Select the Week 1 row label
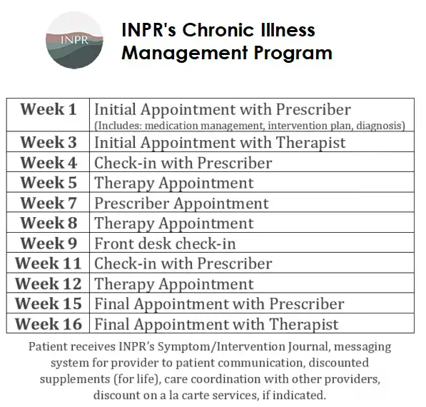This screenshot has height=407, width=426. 49,110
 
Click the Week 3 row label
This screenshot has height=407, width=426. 49,142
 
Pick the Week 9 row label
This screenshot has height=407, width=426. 49,244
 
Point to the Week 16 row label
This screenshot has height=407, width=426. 49,324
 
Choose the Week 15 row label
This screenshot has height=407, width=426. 49,304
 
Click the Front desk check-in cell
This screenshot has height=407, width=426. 165,244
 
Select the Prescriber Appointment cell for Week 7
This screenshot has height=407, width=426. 181,203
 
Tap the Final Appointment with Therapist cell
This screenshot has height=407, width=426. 216,324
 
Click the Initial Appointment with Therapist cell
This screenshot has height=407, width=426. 220,142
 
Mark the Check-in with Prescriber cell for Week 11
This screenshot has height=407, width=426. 183,264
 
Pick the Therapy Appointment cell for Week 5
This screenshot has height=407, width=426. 173,184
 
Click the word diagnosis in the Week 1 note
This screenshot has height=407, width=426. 380,126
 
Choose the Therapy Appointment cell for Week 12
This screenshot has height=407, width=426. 173,284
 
